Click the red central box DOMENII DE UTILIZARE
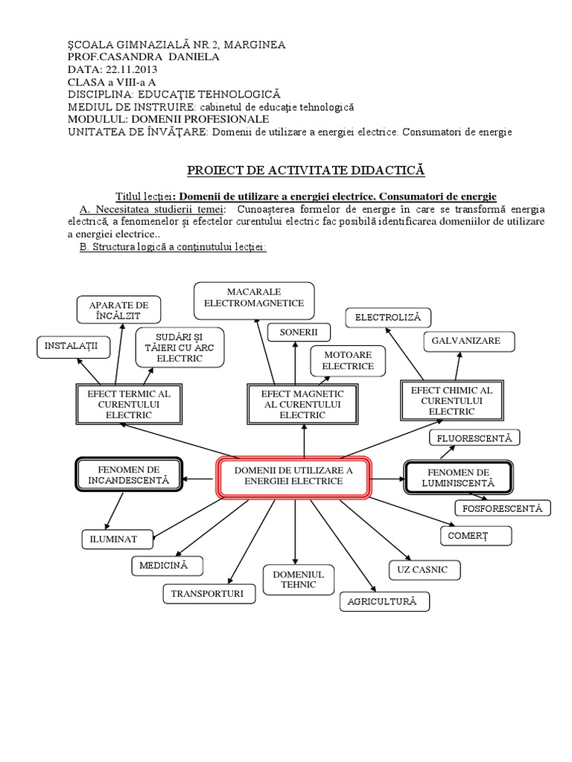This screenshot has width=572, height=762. (x=293, y=476)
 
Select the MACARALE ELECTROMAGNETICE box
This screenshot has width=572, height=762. (x=254, y=298)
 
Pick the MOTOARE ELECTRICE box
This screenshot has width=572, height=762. (x=348, y=361)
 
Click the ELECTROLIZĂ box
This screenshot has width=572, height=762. (x=387, y=318)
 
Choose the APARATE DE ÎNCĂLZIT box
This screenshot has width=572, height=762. (x=119, y=310)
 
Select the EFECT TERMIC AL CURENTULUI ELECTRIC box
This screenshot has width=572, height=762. (x=129, y=404)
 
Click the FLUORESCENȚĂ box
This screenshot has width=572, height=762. (x=474, y=438)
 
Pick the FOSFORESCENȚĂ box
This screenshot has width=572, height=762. (x=503, y=508)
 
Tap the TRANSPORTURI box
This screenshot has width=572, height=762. (x=209, y=593)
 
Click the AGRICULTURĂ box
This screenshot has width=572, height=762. (x=384, y=601)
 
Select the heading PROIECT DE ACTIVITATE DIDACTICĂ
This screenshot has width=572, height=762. (x=306, y=171)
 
